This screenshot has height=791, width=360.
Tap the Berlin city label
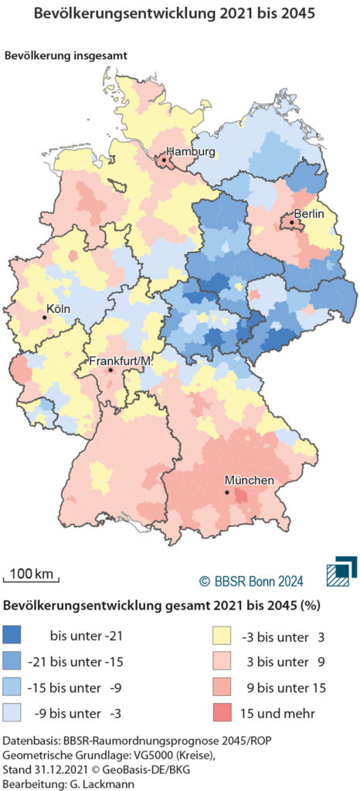(x=308, y=213)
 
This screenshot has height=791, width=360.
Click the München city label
(x=249, y=481)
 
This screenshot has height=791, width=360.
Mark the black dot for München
(x=226, y=492)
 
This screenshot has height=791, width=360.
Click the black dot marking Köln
(x=45, y=317)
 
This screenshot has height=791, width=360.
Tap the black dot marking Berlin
(x=292, y=222)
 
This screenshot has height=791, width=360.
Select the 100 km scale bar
(x=32, y=575)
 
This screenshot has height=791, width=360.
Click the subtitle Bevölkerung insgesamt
(x=66, y=56)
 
